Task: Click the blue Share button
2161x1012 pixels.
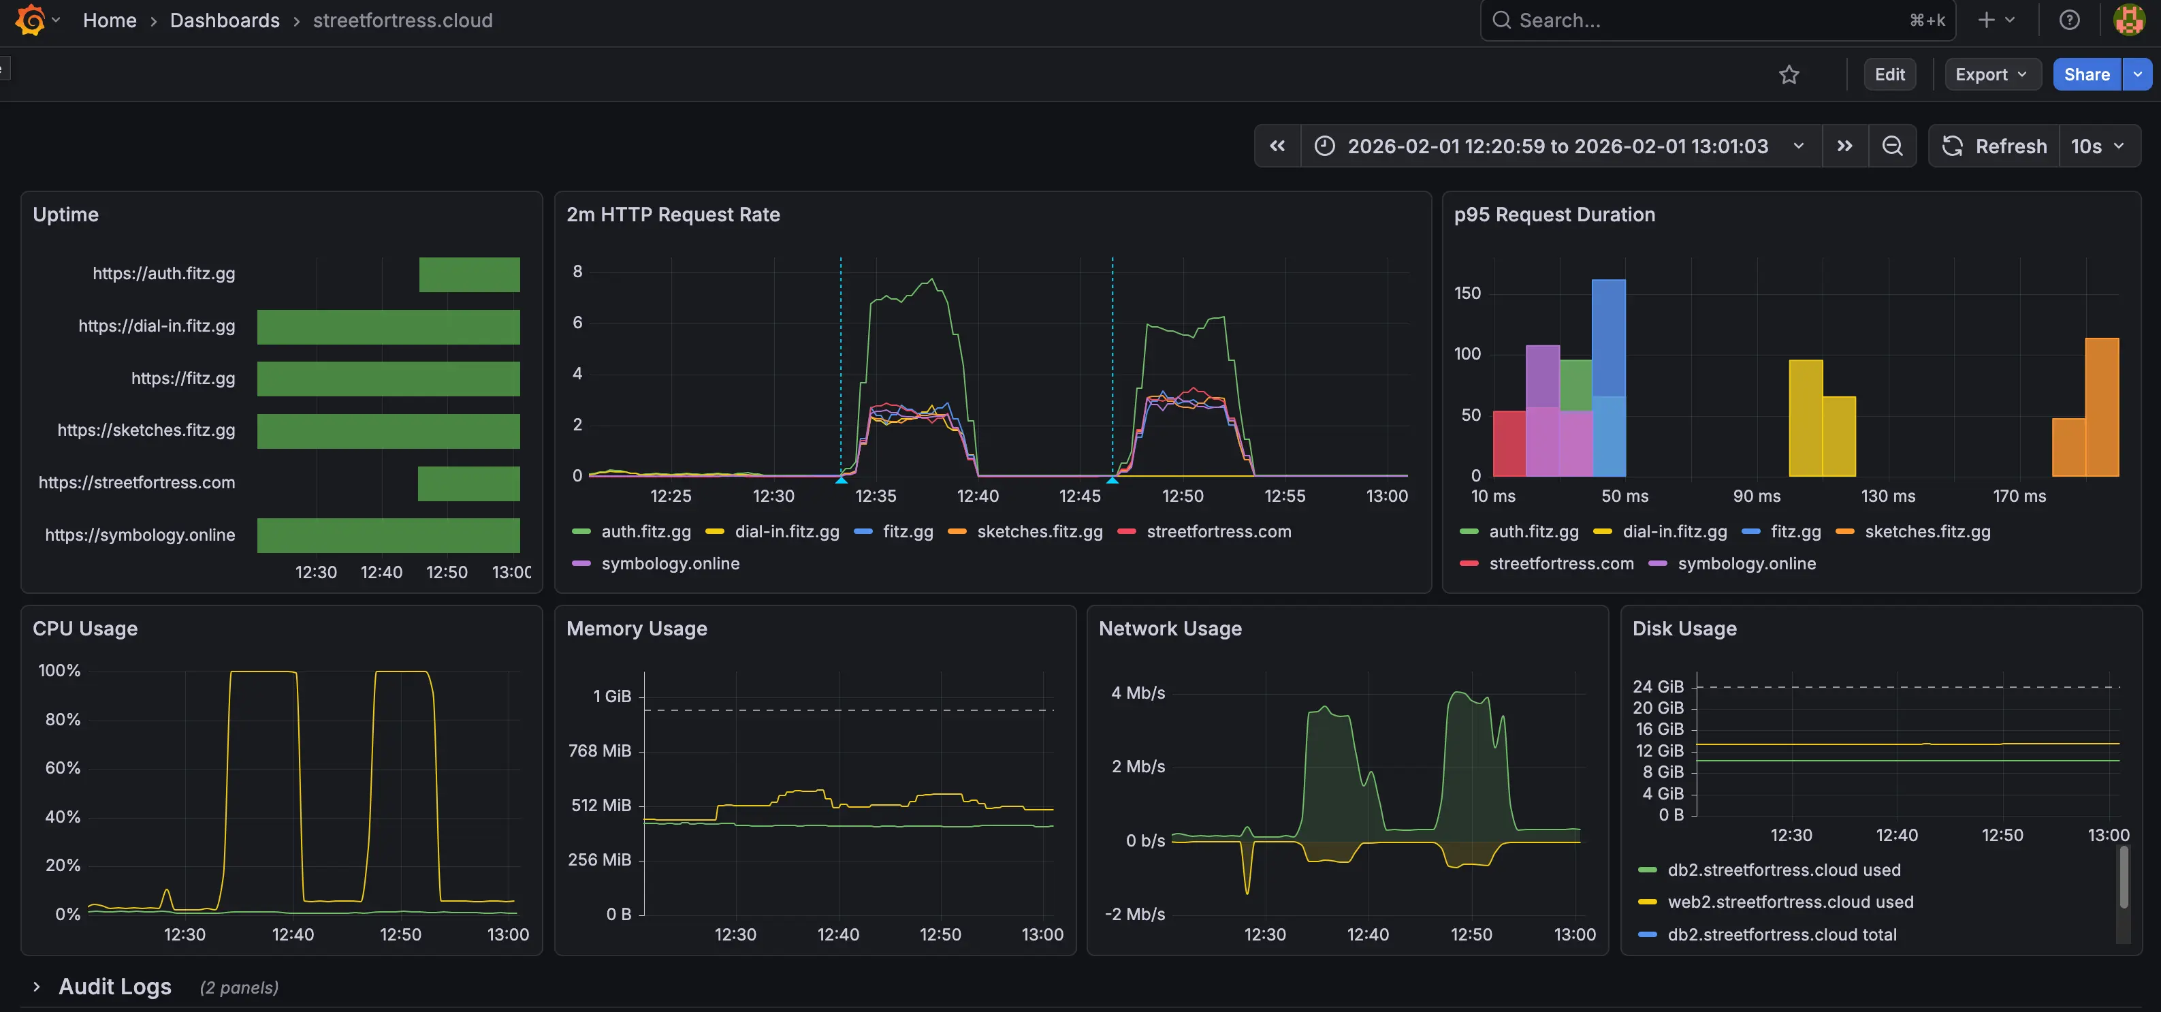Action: [x=2085, y=75]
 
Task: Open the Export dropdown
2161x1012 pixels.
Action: [x=1990, y=75]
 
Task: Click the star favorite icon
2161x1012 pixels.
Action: [x=1789, y=75]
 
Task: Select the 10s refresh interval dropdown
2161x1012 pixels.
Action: [x=2097, y=146]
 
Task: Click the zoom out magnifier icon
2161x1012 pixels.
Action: [x=1891, y=146]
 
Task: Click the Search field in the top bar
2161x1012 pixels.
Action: [x=1703, y=20]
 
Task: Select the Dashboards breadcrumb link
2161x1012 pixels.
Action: [x=224, y=20]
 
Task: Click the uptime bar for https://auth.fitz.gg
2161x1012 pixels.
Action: [x=469, y=274]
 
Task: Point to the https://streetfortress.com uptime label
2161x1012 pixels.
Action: [x=137, y=482]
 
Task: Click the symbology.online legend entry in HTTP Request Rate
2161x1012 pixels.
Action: [x=669, y=563]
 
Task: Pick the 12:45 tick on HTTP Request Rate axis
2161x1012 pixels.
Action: [x=1080, y=496]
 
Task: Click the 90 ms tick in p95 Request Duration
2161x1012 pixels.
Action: [x=1756, y=496]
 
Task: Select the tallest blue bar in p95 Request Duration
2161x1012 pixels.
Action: [x=1608, y=336]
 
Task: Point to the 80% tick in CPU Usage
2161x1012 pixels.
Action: [x=63, y=719]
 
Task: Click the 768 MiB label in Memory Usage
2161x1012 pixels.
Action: [x=599, y=750]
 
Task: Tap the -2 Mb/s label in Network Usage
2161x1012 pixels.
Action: [x=1134, y=914]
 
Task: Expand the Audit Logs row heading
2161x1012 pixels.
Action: [x=114, y=987]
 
